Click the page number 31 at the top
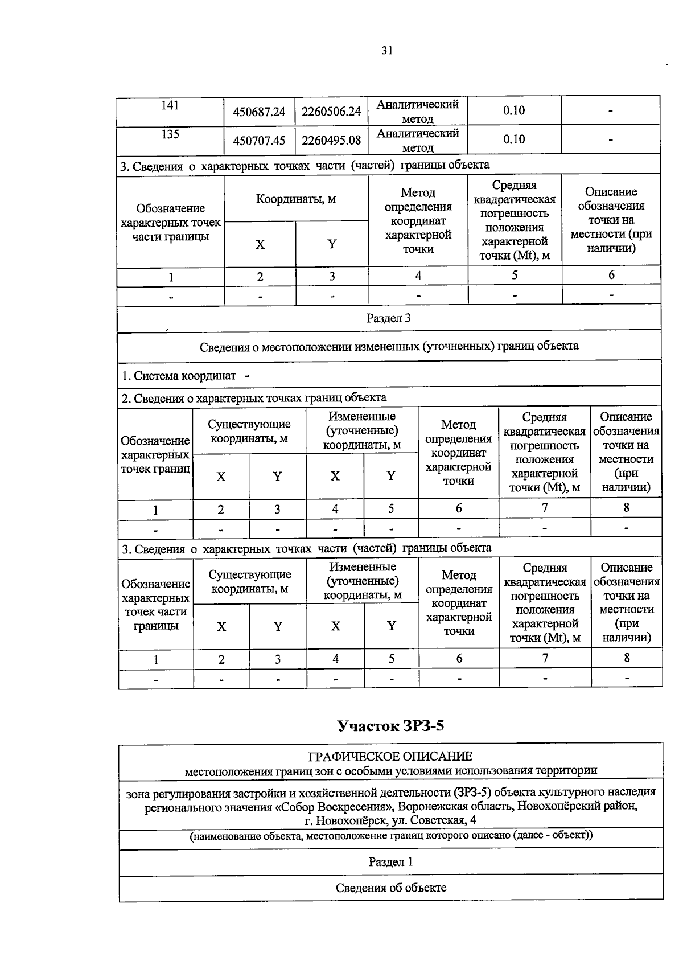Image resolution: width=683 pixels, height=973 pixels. click(387, 51)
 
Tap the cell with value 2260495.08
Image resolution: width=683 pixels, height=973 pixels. click(331, 140)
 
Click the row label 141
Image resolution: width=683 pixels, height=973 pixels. click(170, 106)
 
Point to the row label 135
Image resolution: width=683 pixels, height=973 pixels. click(170, 134)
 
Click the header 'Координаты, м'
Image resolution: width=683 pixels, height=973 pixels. click(295, 199)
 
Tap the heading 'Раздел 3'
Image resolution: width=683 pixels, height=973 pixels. click(388, 318)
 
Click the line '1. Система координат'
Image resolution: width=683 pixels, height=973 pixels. click(179, 376)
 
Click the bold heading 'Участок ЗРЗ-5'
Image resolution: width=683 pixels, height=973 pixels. click(390, 726)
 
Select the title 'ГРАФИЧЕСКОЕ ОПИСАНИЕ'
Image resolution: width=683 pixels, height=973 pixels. click(390, 757)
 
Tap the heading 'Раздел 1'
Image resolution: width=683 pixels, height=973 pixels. click(390, 862)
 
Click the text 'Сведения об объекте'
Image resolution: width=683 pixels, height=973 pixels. click(390, 888)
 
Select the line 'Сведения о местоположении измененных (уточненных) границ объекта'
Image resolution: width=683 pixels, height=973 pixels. click(389, 346)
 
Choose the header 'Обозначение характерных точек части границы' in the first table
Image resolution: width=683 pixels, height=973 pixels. click(170, 223)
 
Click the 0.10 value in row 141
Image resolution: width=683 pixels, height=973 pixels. click(513, 111)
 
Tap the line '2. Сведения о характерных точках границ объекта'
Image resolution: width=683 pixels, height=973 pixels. click(254, 398)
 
